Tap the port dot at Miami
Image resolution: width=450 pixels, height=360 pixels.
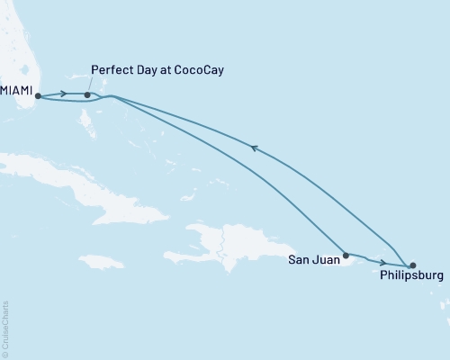point(38,95)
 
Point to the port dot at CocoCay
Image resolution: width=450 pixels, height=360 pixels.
point(86,94)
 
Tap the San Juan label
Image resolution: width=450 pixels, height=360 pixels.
point(314,261)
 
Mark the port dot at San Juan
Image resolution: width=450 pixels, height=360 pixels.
point(346,255)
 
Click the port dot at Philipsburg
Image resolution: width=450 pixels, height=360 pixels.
point(412,265)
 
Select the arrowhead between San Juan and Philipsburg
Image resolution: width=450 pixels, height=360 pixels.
point(383,262)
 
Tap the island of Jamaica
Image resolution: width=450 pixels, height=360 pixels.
point(100,261)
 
